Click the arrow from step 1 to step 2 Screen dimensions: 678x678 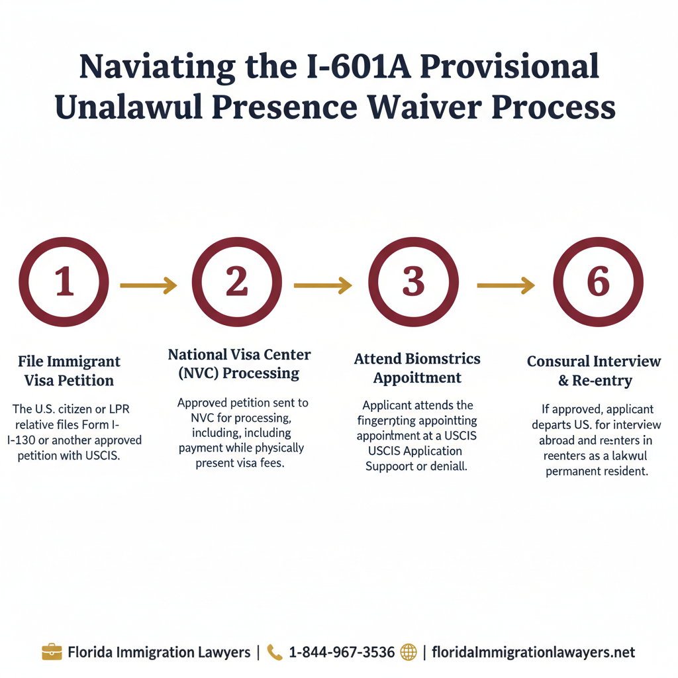[148, 285]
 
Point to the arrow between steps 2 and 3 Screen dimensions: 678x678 [322, 285]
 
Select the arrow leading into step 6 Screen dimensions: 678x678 [506, 285]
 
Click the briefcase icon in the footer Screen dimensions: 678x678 [52, 652]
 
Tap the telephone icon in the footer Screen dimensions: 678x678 [274, 652]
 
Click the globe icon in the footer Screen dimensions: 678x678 [409, 652]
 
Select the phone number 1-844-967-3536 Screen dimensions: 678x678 [342, 652]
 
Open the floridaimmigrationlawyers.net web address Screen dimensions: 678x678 [533, 652]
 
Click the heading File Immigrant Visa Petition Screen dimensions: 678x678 [69, 371]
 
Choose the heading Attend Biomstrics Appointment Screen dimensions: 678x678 [417, 368]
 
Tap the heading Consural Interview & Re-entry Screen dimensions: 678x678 [594, 371]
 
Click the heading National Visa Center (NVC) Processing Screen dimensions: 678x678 [239, 363]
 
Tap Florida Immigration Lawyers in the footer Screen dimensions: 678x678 [159, 652]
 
